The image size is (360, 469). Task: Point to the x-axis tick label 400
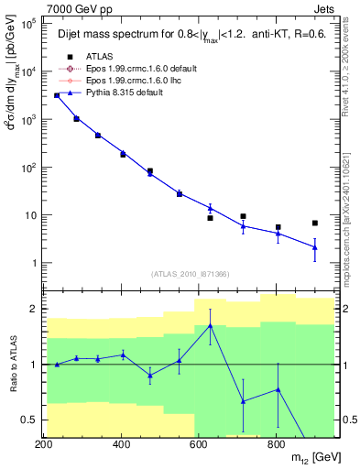point(121,444)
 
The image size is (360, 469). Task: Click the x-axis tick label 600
point(198,444)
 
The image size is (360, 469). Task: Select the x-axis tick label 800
point(275,444)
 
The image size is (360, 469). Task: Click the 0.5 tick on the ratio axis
point(29,420)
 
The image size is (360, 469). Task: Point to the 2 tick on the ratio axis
point(33,309)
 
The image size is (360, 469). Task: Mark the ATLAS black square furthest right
point(314,223)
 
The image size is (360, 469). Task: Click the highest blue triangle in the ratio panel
point(211,325)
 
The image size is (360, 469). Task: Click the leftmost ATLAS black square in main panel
point(57,95)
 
